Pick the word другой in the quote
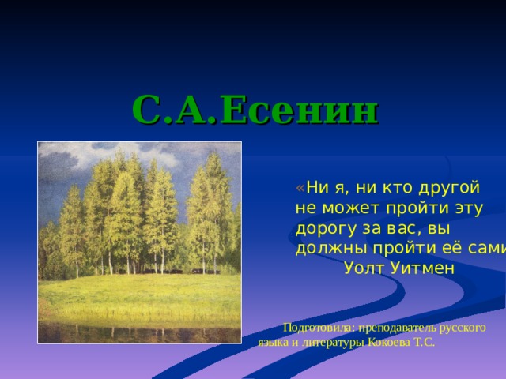(x=448, y=188)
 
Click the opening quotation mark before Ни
(x=300, y=188)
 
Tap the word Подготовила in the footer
(x=318, y=326)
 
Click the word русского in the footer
(x=461, y=326)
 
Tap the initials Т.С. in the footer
(x=425, y=343)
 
